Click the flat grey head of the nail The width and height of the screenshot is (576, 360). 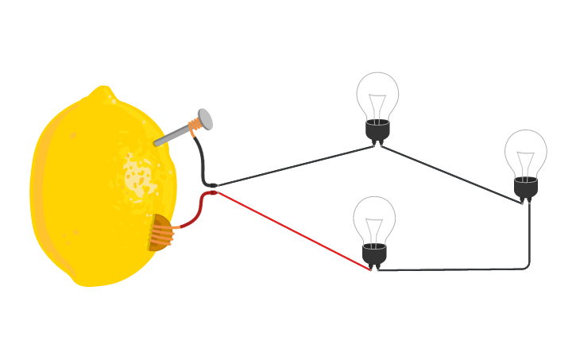pos(205,118)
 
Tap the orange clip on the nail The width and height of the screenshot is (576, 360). pos(193,126)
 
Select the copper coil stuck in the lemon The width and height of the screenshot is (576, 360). pos(163,233)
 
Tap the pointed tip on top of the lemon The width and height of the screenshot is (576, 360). pos(104,92)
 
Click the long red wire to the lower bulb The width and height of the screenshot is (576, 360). pos(294,230)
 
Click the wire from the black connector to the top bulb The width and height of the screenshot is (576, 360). pos(294,166)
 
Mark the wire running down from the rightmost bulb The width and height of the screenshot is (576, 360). pos(528,238)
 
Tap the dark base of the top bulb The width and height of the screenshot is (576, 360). pos(377,130)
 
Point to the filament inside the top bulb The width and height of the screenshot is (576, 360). pos(377,103)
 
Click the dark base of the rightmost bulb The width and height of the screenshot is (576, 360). pos(525,188)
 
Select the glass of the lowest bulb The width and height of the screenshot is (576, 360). pos(374,218)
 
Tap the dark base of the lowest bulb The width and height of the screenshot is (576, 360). pos(374,254)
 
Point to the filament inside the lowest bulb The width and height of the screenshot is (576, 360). pos(374,227)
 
